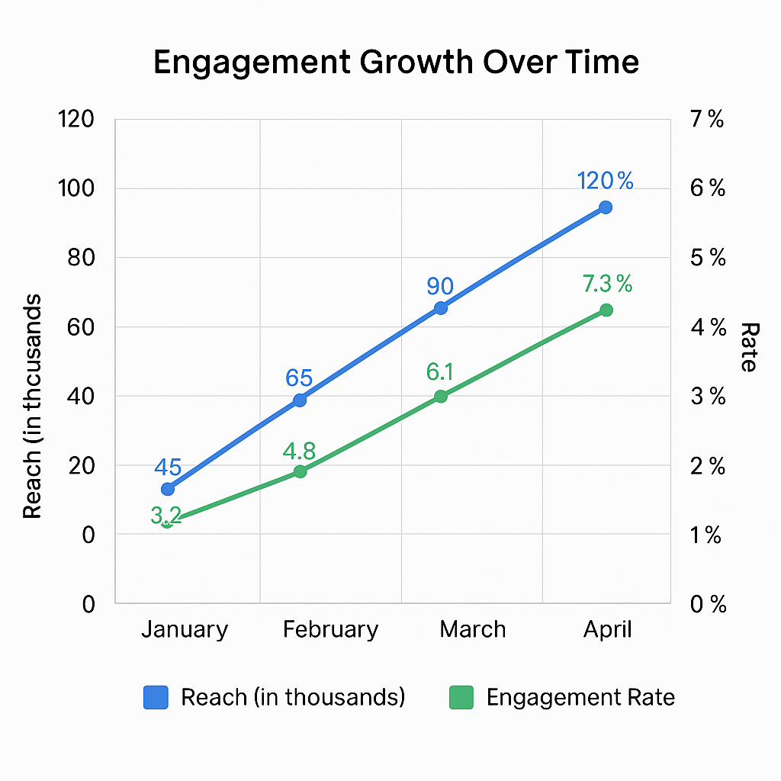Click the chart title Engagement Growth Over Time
(396, 63)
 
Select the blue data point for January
(168, 489)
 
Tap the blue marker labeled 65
(300, 400)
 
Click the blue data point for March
(440, 308)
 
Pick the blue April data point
(606, 207)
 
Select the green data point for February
(300, 471)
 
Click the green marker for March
(440, 396)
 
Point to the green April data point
(606, 310)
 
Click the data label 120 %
(606, 182)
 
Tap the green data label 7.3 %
(607, 284)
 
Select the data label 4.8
(299, 450)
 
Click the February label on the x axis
(330, 630)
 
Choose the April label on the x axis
(608, 630)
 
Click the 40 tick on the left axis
(79, 396)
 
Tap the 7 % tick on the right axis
(707, 120)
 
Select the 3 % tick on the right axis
(707, 397)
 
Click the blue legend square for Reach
(156, 697)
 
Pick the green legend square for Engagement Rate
(461, 697)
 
